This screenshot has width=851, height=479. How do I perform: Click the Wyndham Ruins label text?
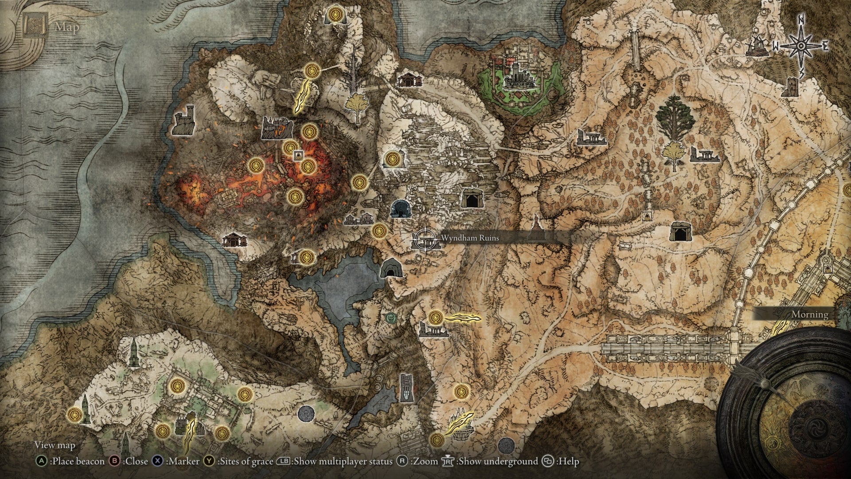point(470,238)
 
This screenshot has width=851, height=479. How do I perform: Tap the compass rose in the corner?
point(801,46)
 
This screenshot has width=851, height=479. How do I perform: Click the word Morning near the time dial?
point(810,314)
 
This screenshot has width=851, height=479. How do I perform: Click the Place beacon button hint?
point(71,462)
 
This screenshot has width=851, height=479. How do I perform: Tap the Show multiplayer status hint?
point(335,462)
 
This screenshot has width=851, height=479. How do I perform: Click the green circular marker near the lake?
point(390,317)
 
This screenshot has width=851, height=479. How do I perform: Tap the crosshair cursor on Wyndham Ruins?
point(425,239)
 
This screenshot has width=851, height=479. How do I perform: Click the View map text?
point(55,445)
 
